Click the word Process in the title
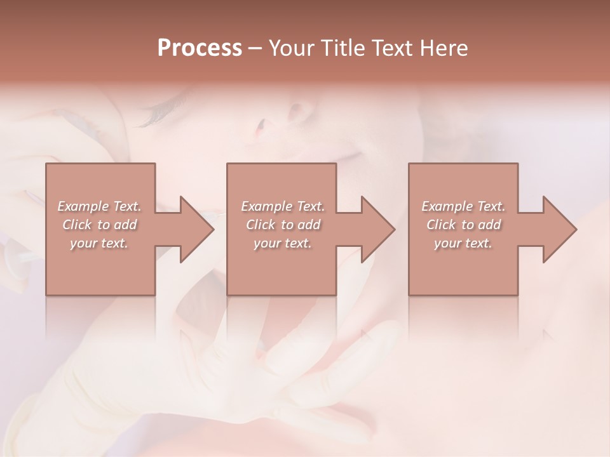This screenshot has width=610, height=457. (x=200, y=48)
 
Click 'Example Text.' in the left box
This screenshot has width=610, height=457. (x=99, y=206)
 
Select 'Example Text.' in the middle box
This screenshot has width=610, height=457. (x=282, y=206)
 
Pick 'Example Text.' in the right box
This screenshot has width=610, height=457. (x=463, y=206)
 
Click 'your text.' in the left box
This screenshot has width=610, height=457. (x=99, y=243)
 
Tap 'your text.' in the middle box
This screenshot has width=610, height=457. (x=282, y=243)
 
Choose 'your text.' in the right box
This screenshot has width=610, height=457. (x=463, y=243)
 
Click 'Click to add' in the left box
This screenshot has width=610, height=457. (x=99, y=225)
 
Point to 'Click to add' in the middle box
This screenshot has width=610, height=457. (x=282, y=225)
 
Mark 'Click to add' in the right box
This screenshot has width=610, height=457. (x=463, y=225)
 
